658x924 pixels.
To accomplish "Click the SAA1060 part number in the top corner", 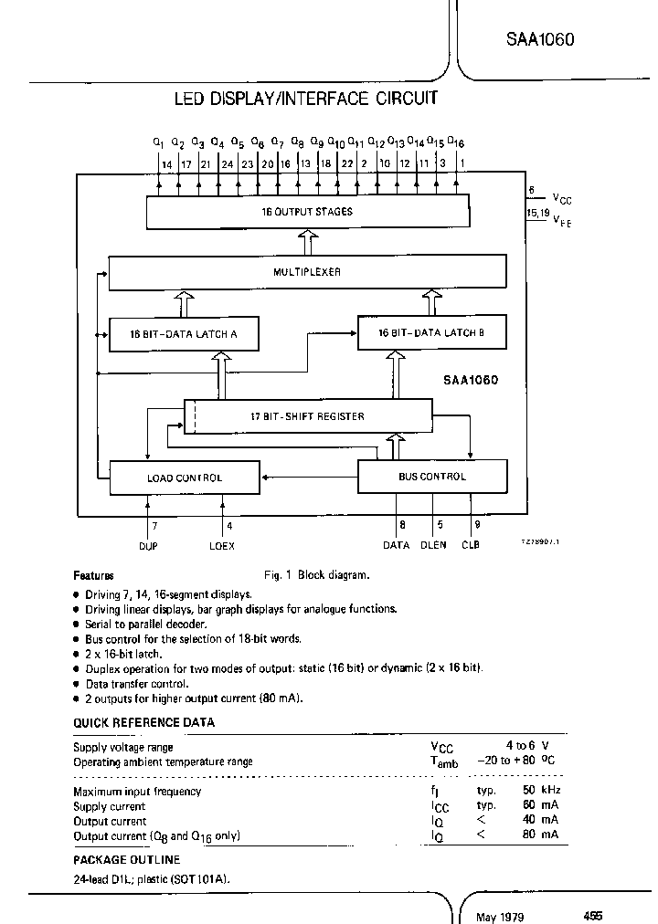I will [540, 40].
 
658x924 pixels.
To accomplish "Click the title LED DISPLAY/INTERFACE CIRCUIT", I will [306, 99].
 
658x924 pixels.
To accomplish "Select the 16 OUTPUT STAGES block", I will [307, 213].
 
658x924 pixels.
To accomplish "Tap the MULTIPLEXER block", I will [307, 272].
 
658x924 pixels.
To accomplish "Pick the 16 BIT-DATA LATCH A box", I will [183, 334].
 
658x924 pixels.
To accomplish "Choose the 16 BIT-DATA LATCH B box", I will [431, 333].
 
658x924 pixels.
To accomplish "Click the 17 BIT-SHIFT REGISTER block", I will [307, 416].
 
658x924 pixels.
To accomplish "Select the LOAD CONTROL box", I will [184, 477].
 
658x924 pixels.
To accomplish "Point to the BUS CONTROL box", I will [431, 477].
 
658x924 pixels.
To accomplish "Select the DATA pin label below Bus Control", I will [396, 544].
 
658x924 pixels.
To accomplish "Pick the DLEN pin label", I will [433, 544].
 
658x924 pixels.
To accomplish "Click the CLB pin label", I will [470, 544].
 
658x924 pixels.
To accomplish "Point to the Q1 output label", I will [158, 143].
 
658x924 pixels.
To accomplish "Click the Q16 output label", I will [457, 143].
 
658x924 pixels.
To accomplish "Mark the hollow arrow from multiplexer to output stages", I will [307, 243].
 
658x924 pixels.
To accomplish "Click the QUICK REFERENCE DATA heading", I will [143, 722].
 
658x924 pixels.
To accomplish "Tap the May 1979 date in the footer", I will [500, 916].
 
